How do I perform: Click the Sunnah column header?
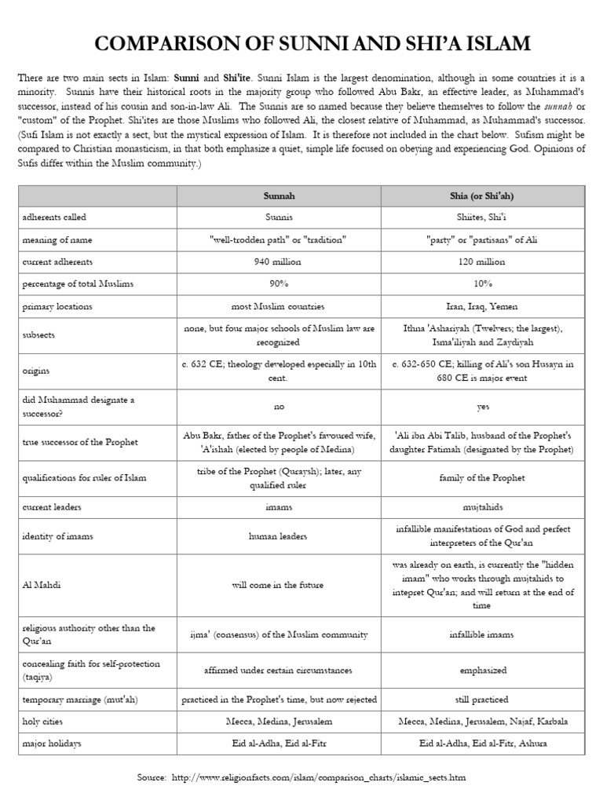279,196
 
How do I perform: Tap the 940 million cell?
279,261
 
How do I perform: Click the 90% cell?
279,283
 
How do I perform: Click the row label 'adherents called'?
54,217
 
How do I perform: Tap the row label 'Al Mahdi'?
40,585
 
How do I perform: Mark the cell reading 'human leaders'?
279,536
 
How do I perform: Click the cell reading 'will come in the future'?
279,585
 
